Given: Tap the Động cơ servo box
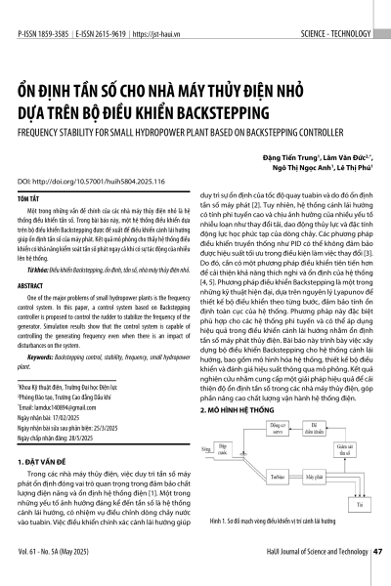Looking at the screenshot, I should [276, 431].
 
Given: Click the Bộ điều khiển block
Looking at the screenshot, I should [316, 431].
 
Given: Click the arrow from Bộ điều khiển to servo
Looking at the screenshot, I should [296, 431].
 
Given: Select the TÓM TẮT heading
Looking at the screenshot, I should [29, 197].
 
